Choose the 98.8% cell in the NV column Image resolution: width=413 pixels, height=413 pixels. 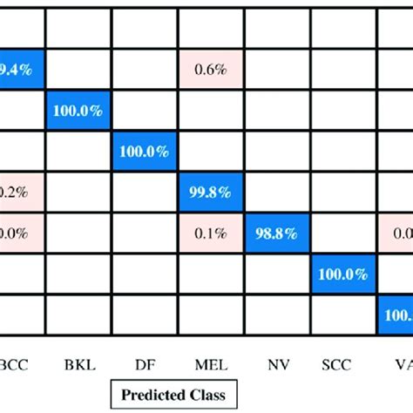(277, 233)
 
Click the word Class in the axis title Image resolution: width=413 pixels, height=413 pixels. (205, 395)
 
